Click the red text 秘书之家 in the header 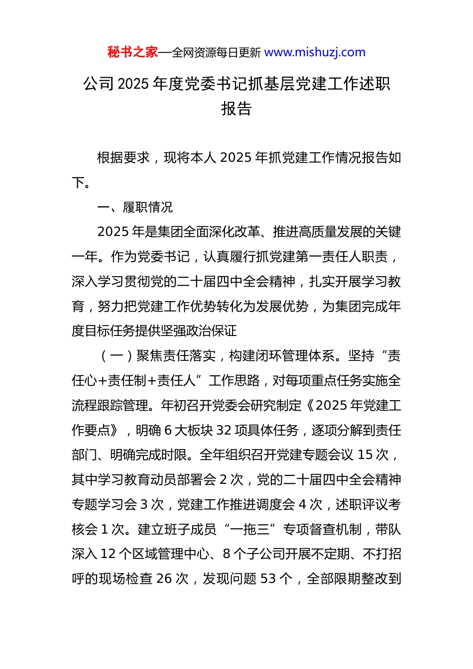coord(132,52)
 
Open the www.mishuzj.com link coord(315,52)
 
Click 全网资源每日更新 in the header coord(216,53)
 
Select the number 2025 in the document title coord(134,84)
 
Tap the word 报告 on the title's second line coord(236,109)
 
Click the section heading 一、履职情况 coord(135,207)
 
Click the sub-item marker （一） coord(117,356)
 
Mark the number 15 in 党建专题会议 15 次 coord(365,455)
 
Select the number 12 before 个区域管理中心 coord(108,554)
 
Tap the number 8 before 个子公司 coord(227,554)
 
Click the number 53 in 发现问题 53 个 coord(268,579)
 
